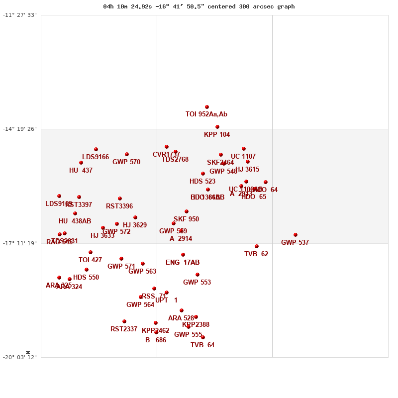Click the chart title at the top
click(199, 6)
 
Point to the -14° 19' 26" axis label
click(20, 129)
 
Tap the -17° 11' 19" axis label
click(20, 243)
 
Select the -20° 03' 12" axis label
click(20, 357)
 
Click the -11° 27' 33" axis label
click(20, 15)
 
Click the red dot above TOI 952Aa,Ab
click(207, 107)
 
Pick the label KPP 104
click(217, 135)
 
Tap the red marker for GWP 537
click(296, 235)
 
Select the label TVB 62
click(256, 254)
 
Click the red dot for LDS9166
click(96, 149)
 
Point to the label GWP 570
click(126, 162)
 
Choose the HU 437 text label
click(81, 171)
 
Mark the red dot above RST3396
click(120, 199)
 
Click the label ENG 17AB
click(183, 263)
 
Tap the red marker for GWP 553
click(198, 275)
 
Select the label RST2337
click(124, 329)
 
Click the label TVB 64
click(202, 345)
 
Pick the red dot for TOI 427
click(91, 252)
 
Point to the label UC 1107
click(243, 157)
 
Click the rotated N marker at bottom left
click(28, 352)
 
